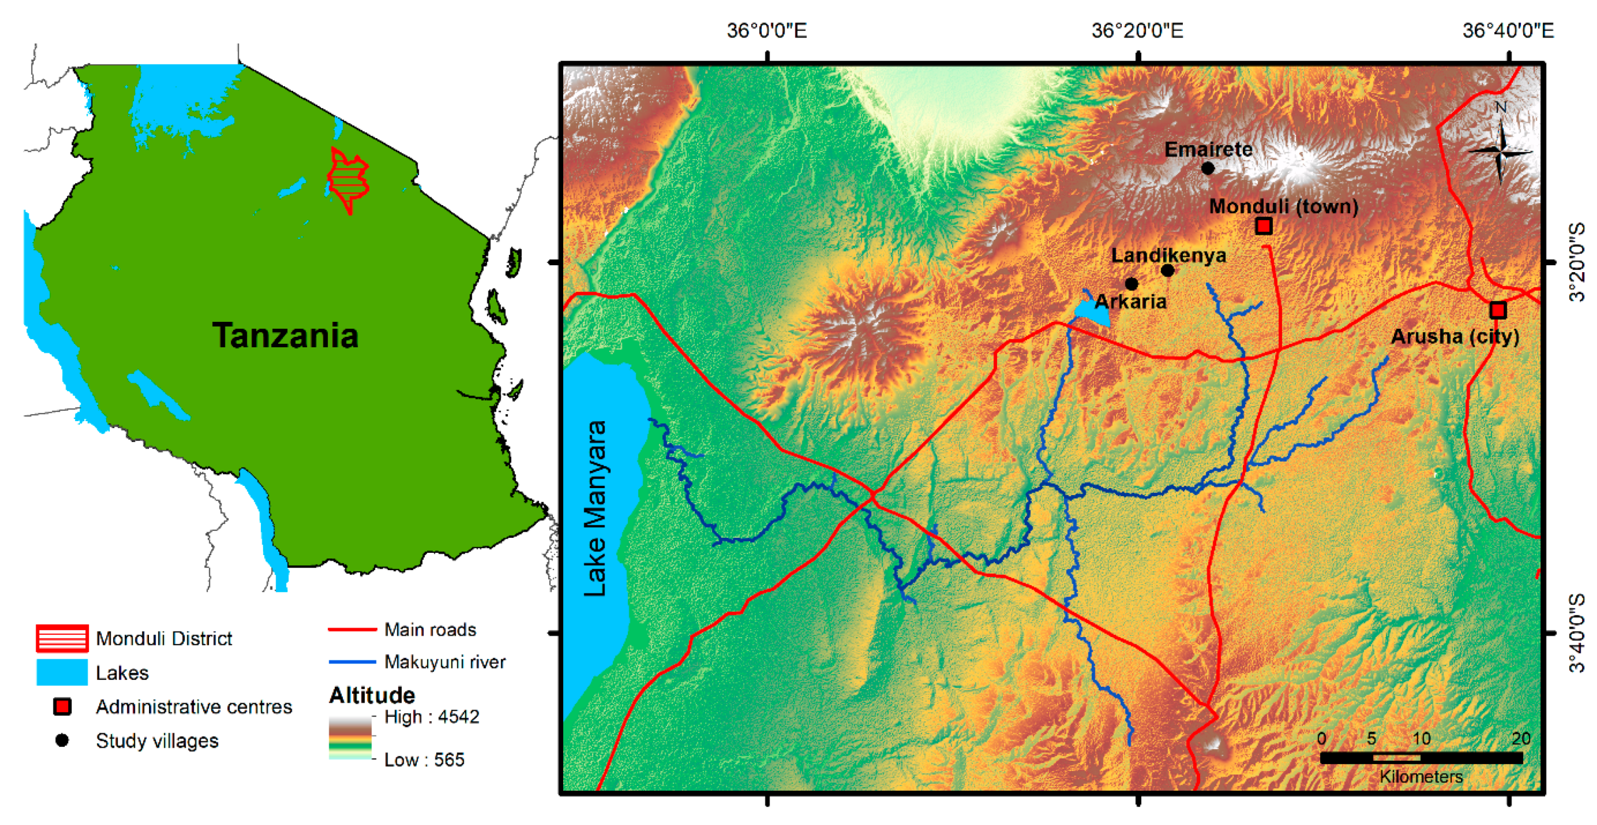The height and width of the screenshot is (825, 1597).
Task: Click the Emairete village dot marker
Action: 1208,168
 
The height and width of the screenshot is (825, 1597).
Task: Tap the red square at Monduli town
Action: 1263,226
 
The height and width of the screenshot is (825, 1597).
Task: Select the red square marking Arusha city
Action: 1498,309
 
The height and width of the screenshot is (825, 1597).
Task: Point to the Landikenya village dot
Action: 1167,271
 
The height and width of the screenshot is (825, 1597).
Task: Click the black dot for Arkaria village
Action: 1132,284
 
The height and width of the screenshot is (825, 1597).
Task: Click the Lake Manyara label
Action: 595,508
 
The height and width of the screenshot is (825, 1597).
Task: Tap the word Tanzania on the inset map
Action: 285,335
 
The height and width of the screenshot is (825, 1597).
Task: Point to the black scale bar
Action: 1421,758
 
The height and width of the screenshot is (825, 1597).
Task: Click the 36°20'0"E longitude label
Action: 1137,30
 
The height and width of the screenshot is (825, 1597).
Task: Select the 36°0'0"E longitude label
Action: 767,30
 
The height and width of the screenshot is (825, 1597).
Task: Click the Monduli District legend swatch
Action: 62,638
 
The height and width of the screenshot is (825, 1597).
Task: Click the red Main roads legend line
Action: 352,630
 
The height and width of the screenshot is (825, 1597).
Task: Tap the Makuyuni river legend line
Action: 352,662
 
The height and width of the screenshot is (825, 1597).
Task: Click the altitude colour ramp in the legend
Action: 350,738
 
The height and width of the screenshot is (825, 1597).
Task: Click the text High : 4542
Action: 431,716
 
